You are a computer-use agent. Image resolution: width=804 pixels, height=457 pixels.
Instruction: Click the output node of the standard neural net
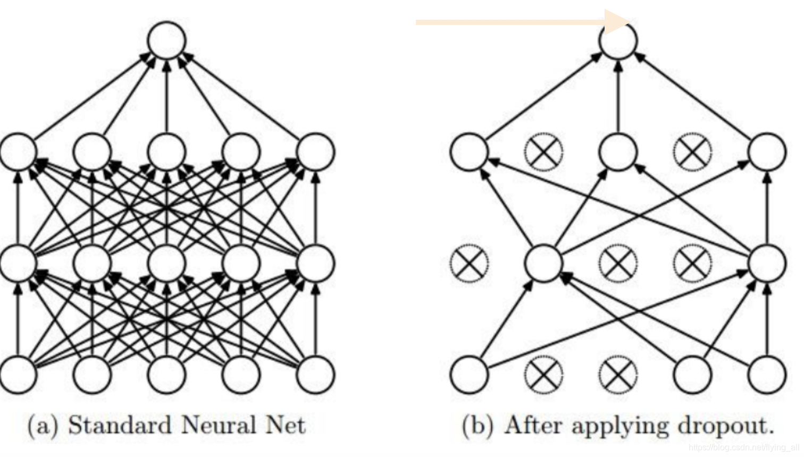(x=167, y=40)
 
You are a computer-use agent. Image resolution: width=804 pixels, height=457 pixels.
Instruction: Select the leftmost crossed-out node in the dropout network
(x=469, y=263)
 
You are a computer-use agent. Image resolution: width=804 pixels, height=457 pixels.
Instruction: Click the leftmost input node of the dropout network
(x=469, y=374)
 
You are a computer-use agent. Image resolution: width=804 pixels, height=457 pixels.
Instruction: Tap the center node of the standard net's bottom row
(x=167, y=374)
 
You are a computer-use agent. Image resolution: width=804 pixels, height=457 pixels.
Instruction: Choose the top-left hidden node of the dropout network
(x=469, y=151)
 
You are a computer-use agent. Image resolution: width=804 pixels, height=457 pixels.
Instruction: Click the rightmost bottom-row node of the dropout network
(x=767, y=374)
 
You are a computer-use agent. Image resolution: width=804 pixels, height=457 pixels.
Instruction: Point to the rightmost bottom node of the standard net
(x=316, y=374)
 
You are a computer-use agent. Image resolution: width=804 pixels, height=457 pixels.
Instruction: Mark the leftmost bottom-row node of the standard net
(x=18, y=374)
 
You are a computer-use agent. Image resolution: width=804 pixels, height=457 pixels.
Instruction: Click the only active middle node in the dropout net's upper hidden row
(x=618, y=151)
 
